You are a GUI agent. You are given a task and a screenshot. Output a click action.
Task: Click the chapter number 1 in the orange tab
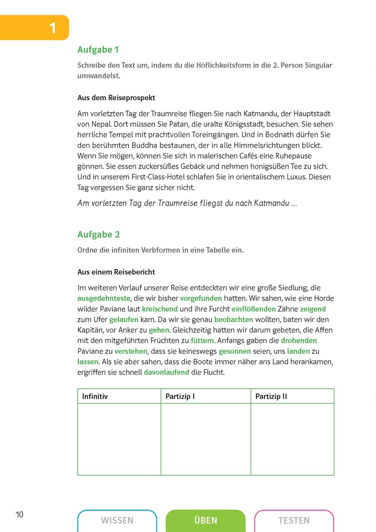pyautogui.click(x=53, y=28)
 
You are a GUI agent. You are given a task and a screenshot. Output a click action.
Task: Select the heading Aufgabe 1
pyautogui.click(x=98, y=50)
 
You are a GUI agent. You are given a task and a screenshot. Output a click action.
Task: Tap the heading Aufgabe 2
pyautogui.click(x=98, y=235)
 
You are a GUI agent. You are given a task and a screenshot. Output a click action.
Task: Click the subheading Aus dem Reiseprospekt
pyautogui.click(x=116, y=98)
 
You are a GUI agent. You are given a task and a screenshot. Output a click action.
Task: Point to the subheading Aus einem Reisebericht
pyautogui.click(x=116, y=272)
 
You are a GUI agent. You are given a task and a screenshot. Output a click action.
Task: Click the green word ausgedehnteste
pyautogui.click(x=104, y=298)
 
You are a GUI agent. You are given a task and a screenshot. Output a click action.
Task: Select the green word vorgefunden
pyautogui.click(x=200, y=298)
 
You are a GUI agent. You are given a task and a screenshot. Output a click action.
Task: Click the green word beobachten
pyautogui.click(x=233, y=319)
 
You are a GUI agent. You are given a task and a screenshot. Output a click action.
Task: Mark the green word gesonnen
pyautogui.click(x=237, y=351)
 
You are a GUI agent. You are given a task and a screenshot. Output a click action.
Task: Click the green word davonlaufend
pyautogui.click(x=166, y=372)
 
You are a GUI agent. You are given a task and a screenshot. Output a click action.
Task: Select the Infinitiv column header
pyautogui.click(x=95, y=396)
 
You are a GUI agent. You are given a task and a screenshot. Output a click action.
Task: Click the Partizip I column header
pyautogui.click(x=180, y=396)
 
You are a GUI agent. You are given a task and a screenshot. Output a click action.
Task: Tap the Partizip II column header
pyautogui.click(x=271, y=396)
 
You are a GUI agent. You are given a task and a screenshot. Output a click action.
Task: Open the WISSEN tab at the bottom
pyautogui.click(x=117, y=521)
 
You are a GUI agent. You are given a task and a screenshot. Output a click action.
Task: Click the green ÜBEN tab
pyautogui.click(x=205, y=521)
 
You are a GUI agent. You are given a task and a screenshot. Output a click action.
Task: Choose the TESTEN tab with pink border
pyautogui.click(x=294, y=521)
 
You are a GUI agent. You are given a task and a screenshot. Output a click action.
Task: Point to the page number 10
pyautogui.click(x=20, y=515)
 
